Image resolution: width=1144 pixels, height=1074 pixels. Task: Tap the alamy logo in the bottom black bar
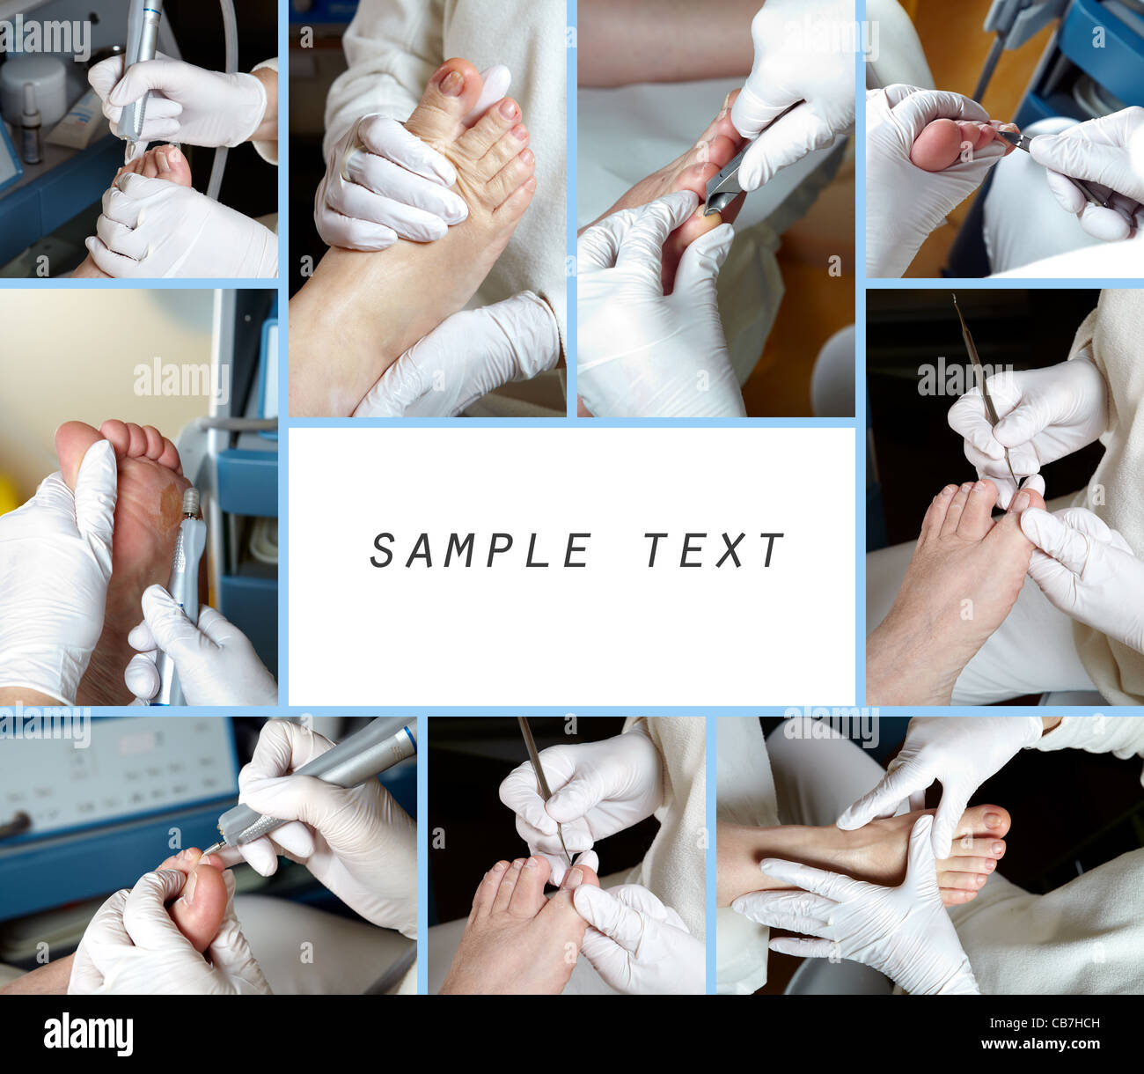point(88,1034)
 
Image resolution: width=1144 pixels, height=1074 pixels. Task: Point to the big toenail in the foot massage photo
point(452,83)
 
